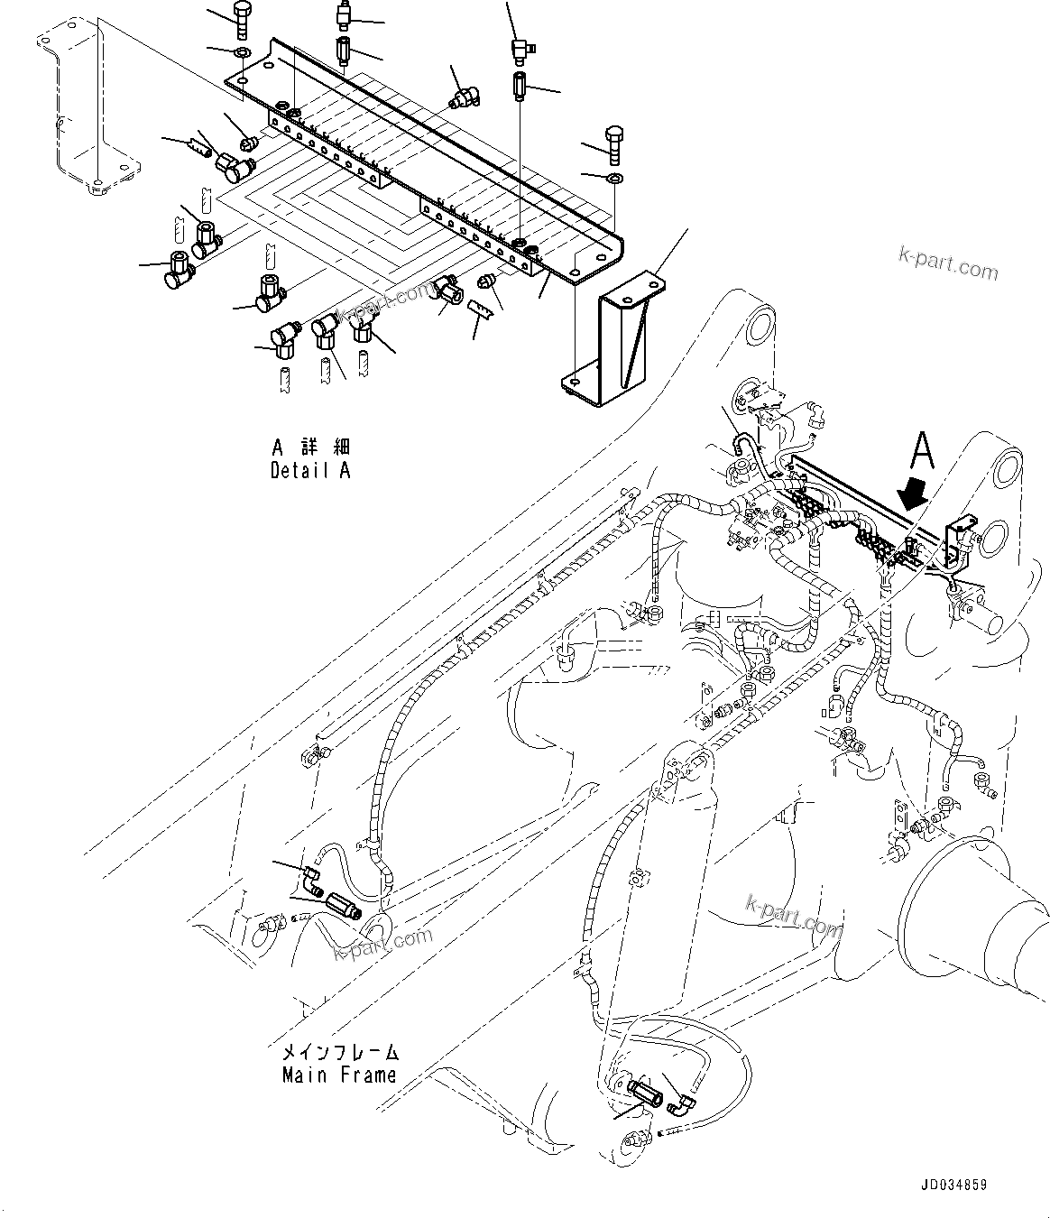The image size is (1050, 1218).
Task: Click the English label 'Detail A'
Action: (309, 470)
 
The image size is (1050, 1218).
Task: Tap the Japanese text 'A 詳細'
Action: (309, 448)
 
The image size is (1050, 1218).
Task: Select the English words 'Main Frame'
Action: (339, 1075)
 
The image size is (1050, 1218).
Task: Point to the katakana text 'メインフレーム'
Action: (339, 1052)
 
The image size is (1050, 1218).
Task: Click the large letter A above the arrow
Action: (921, 448)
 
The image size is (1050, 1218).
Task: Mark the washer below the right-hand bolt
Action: (613, 178)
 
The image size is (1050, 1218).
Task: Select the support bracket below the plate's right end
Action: (621, 338)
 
